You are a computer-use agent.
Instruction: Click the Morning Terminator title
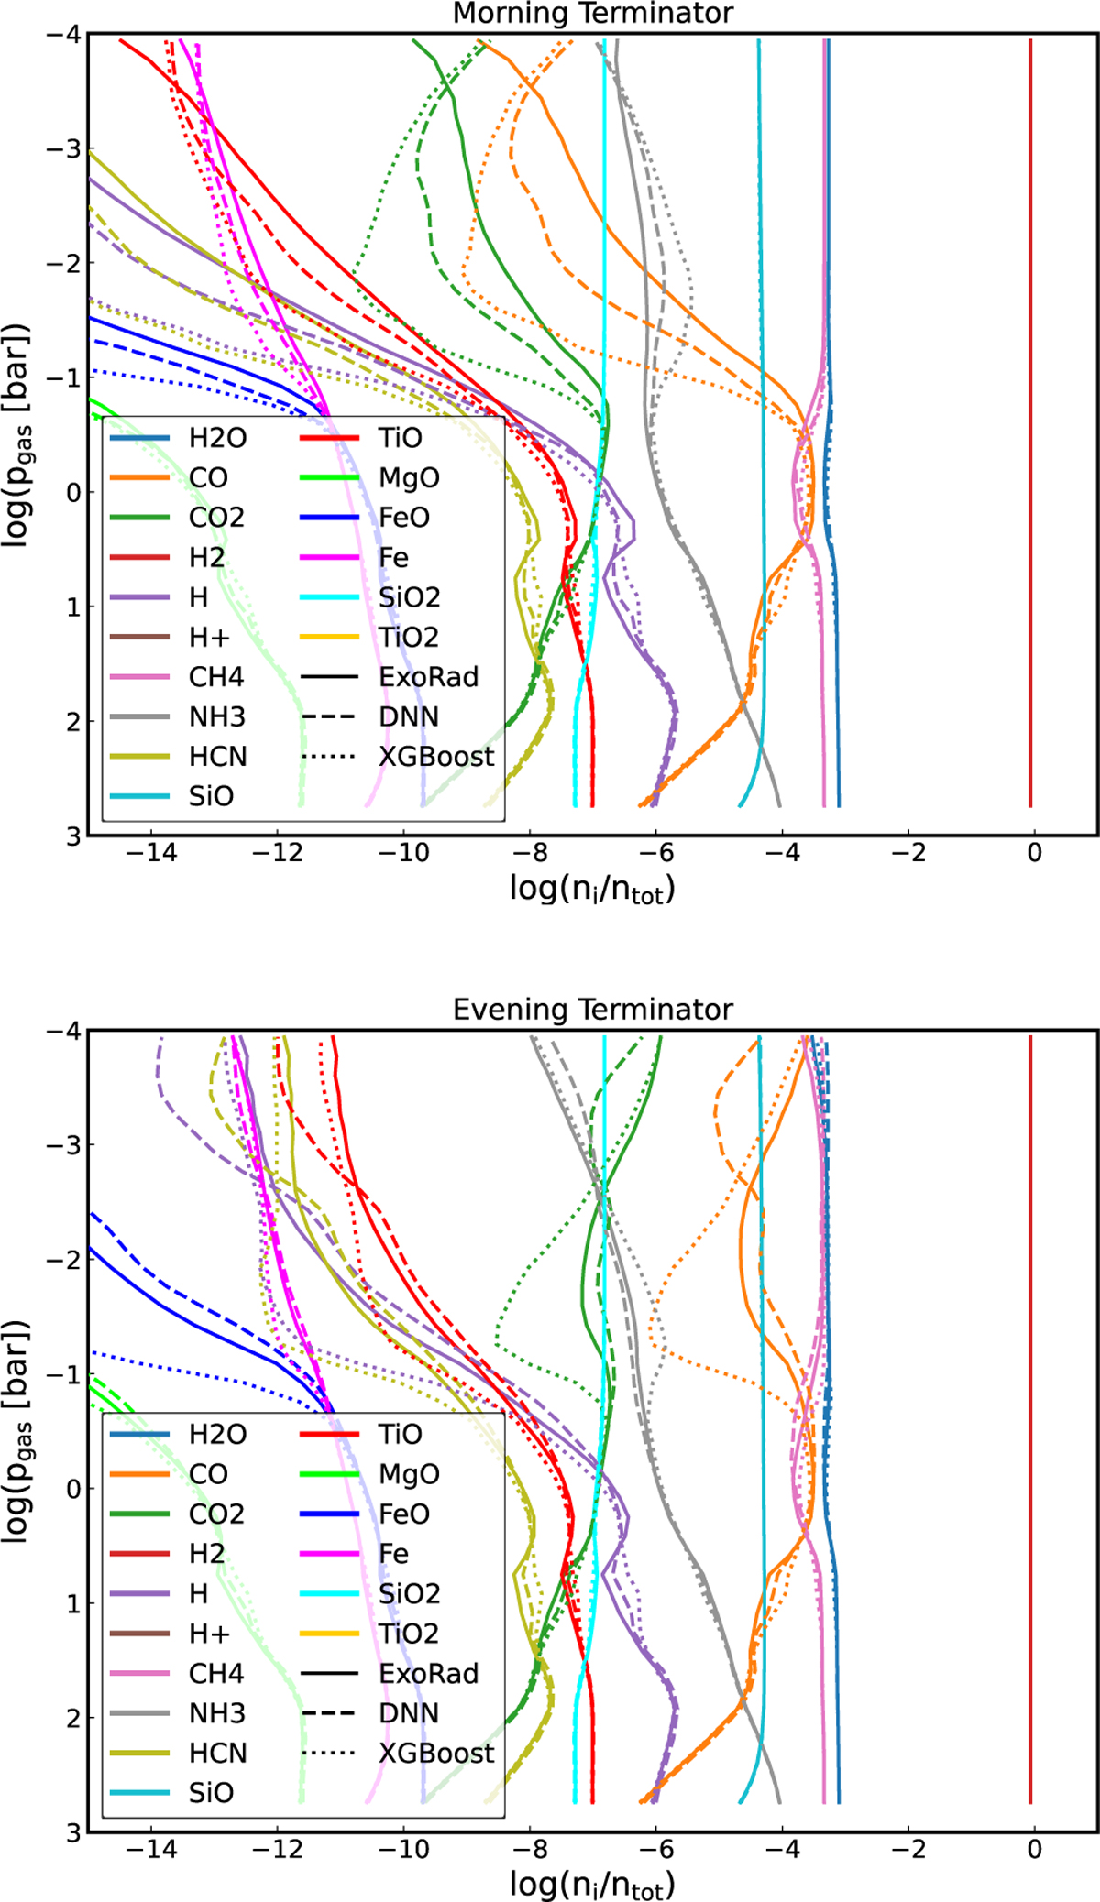[x=592, y=14]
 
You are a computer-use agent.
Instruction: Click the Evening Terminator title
[x=592, y=1010]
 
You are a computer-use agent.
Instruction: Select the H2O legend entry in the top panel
[x=217, y=438]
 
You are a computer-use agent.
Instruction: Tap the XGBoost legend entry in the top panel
[x=436, y=757]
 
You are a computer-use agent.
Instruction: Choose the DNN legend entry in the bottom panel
[x=409, y=1713]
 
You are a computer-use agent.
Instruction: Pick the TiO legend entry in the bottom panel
[x=401, y=1435]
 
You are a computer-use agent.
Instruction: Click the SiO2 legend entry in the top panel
[x=410, y=597]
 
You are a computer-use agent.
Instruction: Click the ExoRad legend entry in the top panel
[x=429, y=677]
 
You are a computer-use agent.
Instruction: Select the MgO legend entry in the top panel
[x=409, y=477]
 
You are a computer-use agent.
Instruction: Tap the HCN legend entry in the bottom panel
[x=218, y=1753]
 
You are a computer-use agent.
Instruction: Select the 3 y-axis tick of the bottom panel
[x=73, y=1831]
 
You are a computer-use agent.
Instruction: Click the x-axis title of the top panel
[x=592, y=889]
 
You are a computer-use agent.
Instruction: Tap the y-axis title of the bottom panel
[x=16, y=1431]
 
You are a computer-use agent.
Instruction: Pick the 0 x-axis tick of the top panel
[x=1035, y=853]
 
